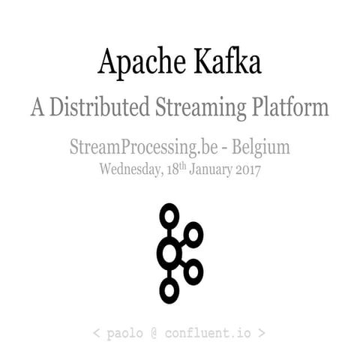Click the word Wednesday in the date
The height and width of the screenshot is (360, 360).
(129, 169)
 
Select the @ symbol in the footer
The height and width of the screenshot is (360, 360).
(155, 331)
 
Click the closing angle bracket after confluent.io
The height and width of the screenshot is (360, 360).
(260, 331)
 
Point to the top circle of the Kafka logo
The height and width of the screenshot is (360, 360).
(169, 216)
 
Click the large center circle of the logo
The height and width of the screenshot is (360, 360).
(169, 254)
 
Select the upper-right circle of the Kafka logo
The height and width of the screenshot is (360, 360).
(193, 235)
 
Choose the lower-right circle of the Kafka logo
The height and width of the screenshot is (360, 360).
(193, 271)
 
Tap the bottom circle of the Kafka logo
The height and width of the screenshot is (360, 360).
(169, 289)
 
